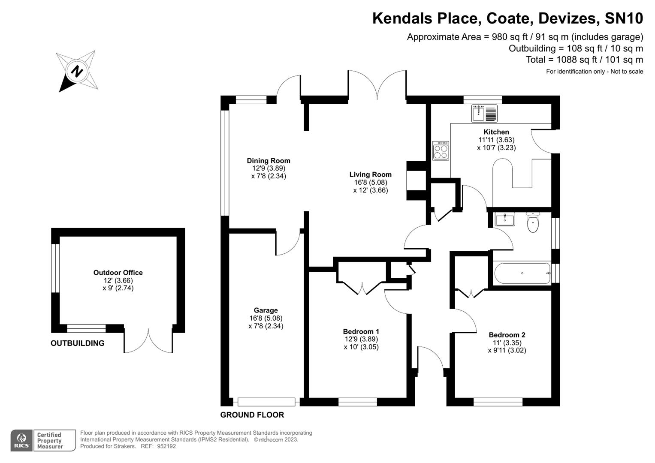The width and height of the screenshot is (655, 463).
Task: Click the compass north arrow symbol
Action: pos(77,71)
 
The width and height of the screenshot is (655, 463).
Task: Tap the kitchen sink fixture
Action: pos(484,114)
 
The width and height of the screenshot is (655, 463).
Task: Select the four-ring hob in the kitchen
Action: pos(441,150)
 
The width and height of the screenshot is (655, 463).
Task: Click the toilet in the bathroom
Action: pos(533,222)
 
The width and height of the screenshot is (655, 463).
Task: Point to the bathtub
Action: pos(522,273)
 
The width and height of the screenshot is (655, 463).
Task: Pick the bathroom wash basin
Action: pos(505,219)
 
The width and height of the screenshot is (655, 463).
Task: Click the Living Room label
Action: pos(370,174)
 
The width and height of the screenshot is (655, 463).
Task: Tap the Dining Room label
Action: pos(269,161)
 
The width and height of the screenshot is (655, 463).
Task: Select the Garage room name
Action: pos(266,310)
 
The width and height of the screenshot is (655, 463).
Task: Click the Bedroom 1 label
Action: pos(361,331)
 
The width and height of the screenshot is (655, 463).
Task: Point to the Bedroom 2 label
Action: pos(507,335)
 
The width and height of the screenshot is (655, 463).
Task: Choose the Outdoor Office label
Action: pos(118,273)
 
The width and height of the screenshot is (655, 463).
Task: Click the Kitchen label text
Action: pos(496,132)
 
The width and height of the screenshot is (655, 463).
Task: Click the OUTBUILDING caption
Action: pos(77,343)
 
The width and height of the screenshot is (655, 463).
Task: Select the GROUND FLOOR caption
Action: pos(252,415)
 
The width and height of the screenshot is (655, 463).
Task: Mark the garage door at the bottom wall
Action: pos(266,402)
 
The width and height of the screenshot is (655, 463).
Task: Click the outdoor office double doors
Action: pos(148,341)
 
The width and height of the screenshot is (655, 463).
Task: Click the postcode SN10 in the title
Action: pos(624,18)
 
